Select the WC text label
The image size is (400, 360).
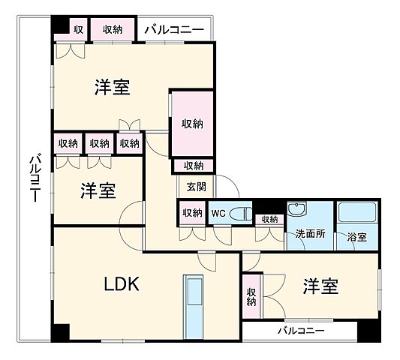pyautogui.click(x=218, y=213)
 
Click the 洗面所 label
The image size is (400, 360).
pyautogui.click(x=309, y=234)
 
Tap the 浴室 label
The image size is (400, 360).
pyautogui.click(x=356, y=237)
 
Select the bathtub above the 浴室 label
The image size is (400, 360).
pyautogui.click(x=356, y=211)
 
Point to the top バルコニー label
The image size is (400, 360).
pyautogui.click(x=173, y=29)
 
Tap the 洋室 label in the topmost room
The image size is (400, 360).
pyautogui.click(x=113, y=88)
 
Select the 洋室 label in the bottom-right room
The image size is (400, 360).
pyautogui.click(x=320, y=286)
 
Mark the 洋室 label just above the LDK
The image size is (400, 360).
pyautogui.click(x=98, y=190)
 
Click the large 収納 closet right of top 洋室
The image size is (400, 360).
pyautogui.click(x=191, y=124)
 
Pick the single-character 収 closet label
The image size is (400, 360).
pyautogui.click(x=79, y=29)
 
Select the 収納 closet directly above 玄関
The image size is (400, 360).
pyautogui.click(x=193, y=166)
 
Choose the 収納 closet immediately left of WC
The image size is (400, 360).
pyautogui.click(x=191, y=213)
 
